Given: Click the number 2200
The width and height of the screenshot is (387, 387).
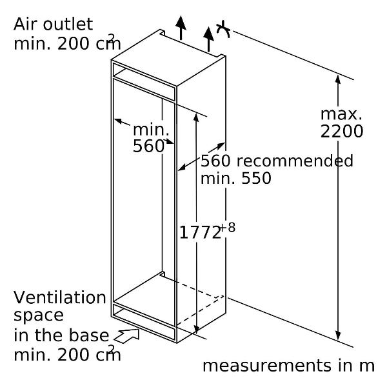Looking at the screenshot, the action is tap(342, 131).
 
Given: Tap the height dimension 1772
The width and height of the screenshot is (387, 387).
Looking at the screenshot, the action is tap(200, 232).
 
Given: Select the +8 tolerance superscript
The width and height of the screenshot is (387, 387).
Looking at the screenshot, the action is tap(228, 228).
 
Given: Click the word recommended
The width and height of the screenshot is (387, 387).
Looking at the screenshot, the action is tap(295, 161).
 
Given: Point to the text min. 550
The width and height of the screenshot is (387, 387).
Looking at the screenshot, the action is tap(235, 178).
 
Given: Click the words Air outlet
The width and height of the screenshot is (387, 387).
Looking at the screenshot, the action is tap(53, 25).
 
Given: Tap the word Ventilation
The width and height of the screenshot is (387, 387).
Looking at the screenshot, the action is tap(60, 297).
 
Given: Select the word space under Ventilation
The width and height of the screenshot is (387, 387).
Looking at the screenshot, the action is tap(39, 316).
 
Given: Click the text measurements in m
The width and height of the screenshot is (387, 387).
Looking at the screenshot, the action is tap(288, 366).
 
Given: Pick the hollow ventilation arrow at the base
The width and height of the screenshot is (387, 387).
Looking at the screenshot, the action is tap(127, 336).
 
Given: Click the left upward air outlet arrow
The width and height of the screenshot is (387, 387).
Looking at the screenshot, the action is tap(181, 28).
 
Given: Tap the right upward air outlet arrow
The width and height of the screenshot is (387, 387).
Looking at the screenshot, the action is tap(208, 39).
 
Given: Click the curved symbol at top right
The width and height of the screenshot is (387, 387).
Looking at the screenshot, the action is tap(224, 29).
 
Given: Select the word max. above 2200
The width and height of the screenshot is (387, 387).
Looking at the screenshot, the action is tap(341, 114).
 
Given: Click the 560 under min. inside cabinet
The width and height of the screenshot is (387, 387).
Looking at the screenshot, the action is tap(148, 146).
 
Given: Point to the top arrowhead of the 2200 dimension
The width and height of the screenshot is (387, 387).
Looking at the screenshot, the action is tap(338, 79).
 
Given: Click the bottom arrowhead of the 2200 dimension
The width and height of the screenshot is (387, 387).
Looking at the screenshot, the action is tap(338, 335).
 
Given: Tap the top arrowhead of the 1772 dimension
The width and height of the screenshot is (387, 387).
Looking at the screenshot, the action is tap(196, 117).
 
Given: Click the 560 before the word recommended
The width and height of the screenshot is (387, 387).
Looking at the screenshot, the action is tap(215, 161).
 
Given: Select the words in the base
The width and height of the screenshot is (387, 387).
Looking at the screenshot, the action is tap(61, 335).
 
